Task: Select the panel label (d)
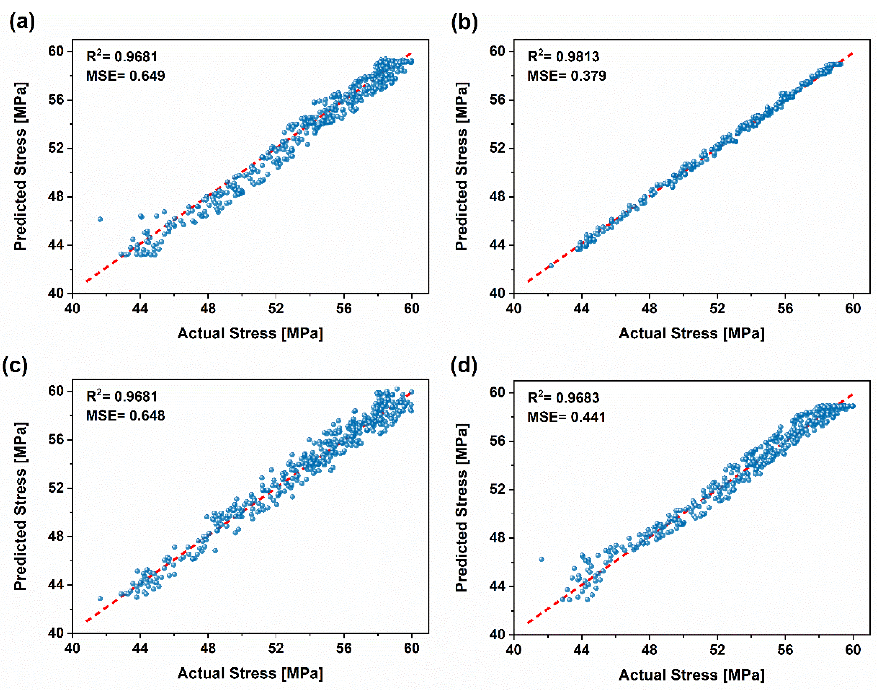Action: pyautogui.click(x=464, y=366)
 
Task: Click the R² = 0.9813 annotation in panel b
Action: pyautogui.click(x=563, y=57)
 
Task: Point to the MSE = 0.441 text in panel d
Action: pyautogui.click(x=566, y=417)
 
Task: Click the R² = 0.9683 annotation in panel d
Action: pyautogui.click(x=563, y=398)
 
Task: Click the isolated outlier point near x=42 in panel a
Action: pyautogui.click(x=100, y=219)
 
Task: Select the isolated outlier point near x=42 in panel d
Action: pyautogui.click(x=542, y=560)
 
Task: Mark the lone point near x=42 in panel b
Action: pyautogui.click(x=551, y=266)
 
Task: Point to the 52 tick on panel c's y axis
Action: pyautogui.click(x=56, y=488)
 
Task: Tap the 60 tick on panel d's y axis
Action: pyautogui.click(x=497, y=393)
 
